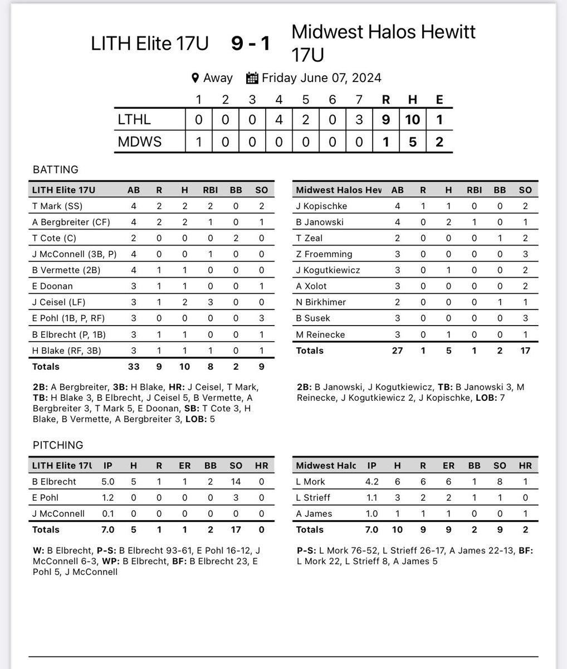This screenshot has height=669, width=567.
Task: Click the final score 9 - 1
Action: (251, 43)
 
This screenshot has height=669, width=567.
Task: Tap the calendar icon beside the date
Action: (252, 77)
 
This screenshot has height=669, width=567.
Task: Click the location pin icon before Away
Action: (195, 77)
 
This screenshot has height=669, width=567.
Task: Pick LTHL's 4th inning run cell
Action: (279, 119)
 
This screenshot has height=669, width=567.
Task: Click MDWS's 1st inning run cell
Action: (198, 142)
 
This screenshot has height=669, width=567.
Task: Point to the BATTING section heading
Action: (56, 169)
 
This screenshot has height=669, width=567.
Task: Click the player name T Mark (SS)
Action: (58, 206)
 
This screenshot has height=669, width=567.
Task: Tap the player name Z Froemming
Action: (324, 254)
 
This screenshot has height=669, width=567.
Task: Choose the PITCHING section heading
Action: (58, 445)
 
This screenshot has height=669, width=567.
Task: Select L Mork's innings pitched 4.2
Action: (372, 482)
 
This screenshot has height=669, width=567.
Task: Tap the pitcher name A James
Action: (314, 514)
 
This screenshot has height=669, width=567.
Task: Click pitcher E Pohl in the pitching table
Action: (46, 498)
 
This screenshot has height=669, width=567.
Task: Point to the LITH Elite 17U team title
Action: (150, 43)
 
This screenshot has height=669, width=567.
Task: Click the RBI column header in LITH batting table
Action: (211, 190)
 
